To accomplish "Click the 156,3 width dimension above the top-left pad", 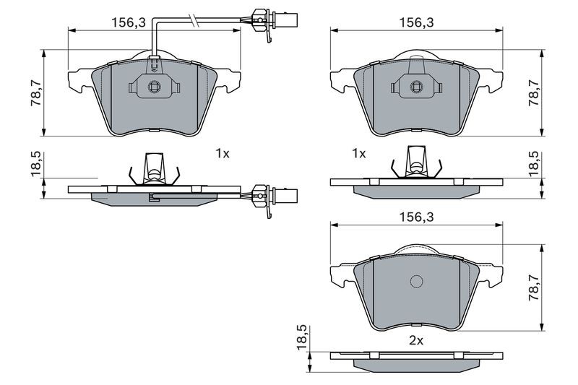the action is click(x=129, y=22).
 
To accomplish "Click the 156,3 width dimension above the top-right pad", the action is click(x=417, y=22).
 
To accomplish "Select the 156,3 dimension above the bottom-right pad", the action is click(x=417, y=217).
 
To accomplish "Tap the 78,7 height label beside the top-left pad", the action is click(x=37, y=92).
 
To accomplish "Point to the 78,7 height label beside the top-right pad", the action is click(x=534, y=92).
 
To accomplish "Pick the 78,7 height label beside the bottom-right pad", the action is click(x=534, y=287).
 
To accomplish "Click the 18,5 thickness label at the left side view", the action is click(x=37, y=164).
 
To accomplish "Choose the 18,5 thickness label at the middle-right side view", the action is click(x=534, y=164).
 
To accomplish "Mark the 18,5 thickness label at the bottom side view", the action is click(x=302, y=337).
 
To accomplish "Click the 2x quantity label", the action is click(x=416, y=341).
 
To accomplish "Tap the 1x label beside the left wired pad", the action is click(x=223, y=153).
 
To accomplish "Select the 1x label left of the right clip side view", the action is click(x=358, y=153).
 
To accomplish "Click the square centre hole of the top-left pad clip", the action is click(x=154, y=87).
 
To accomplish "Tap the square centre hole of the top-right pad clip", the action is click(x=416, y=87).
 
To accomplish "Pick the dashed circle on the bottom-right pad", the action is click(x=417, y=282).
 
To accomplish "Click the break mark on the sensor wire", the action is click(x=193, y=20).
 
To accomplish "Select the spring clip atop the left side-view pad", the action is click(x=154, y=169).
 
